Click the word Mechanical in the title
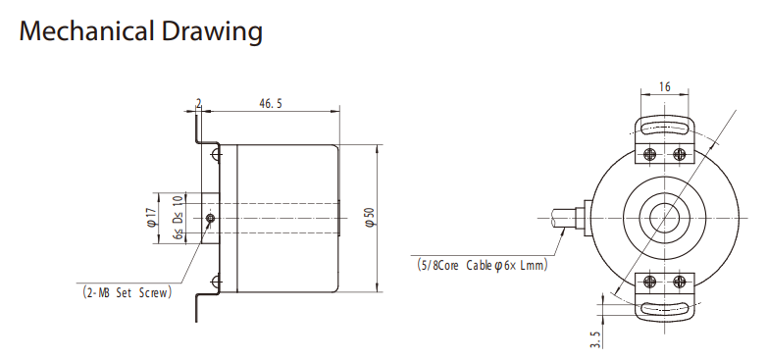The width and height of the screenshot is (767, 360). [86, 30]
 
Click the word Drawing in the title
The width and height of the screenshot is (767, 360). [212, 32]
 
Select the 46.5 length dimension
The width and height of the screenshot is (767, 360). [271, 104]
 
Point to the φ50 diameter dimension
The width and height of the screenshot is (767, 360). [371, 217]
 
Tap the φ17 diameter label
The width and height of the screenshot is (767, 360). [151, 217]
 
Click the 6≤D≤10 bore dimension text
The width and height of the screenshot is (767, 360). [179, 218]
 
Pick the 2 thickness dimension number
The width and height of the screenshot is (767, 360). [198, 103]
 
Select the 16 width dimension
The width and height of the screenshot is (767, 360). [664, 87]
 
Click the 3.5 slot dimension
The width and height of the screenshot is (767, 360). [595, 339]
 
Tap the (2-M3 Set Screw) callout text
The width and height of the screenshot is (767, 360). [128, 293]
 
